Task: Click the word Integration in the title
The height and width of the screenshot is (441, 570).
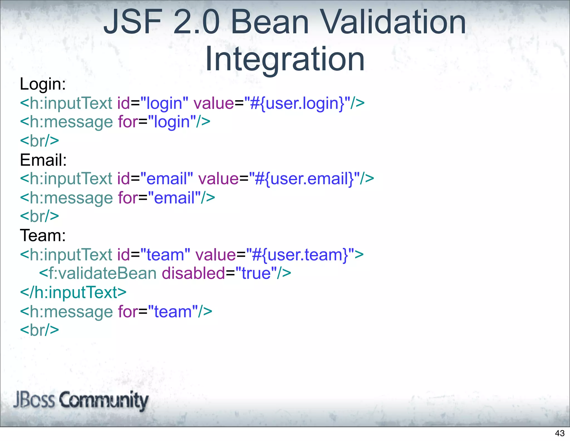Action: pyautogui.click(x=285, y=59)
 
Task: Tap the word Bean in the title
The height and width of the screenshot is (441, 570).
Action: pyautogui.click(x=270, y=22)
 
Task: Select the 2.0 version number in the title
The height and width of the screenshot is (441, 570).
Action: pyautogui.click(x=196, y=22)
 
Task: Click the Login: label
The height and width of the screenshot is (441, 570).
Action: pyautogui.click(x=43, y=84)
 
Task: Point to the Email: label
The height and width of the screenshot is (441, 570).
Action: pyautogui.click(x=43, y=160)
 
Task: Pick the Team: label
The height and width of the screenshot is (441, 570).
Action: pyautogui.click(x=43, y=236)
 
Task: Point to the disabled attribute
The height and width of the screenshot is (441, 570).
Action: pyautogui.click(x=193, y=273)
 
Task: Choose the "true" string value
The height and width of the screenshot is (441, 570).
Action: pyautogui.click(x=256, y=273)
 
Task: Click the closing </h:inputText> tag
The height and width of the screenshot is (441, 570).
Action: pyautogui.click(x=73, y=293)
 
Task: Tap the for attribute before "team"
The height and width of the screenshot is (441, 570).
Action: pyautogui.click(x=128, y=312)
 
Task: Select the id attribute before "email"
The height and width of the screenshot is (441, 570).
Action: pyautogui.click(x=124, y=179)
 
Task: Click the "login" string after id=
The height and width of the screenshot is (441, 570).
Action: pyautogui.click(x=164, y=103)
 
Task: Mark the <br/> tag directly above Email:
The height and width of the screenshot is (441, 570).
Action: pyautogui.click(x=40, y=141)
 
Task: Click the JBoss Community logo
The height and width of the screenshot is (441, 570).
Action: pyautogui.click(x=81, y=400)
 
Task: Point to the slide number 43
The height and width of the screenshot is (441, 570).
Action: pyautogui.click(x=560, y=433)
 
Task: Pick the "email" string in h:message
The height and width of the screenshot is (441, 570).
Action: pyautogui.click(x=174, y=198)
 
